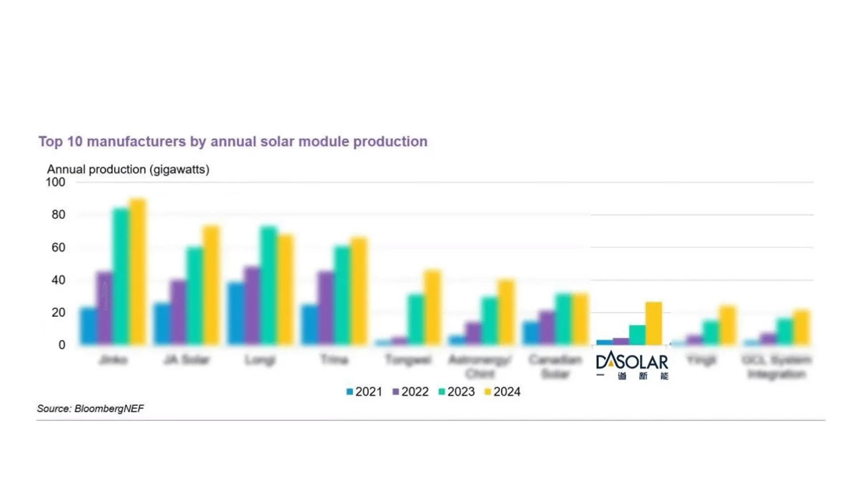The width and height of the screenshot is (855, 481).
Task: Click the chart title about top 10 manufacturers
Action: click(x=232, y=142)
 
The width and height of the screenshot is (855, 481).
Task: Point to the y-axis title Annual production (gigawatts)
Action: click(x=128, y=170)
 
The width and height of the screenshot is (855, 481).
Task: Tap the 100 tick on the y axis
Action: click(x=55, y=182)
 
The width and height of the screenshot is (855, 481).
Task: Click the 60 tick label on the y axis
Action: click(x=58, y=248)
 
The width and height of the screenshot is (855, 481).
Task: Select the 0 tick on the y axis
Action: click(x=61, y=345)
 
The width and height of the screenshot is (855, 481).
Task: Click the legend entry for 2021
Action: click(x=364, y=392)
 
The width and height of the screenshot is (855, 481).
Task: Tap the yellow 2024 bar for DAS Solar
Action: click(x=653, y=324)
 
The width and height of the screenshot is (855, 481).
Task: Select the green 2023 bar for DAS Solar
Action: click(x=637, y=335)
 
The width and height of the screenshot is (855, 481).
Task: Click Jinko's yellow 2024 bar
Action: click(x=138, y=272)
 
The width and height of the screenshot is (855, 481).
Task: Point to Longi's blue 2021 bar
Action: click(x=236, y=314)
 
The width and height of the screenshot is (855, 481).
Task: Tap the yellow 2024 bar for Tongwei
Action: click(x=432, y=307)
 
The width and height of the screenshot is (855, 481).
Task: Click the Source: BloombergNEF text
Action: click(x=90, y=409)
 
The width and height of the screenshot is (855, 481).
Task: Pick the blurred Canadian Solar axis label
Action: click(x=555, y=367)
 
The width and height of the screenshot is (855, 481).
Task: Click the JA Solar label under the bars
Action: click(x=186, y=360)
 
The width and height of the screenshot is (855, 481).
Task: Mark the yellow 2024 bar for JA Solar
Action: click(x=211, y=285)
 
